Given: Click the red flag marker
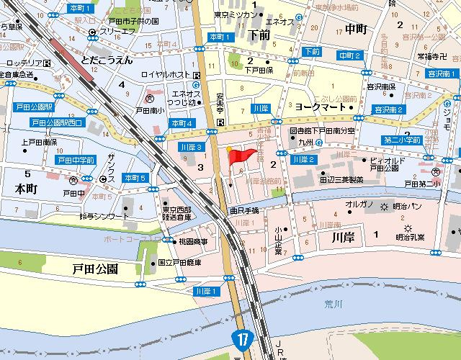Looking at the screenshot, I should [242, 154].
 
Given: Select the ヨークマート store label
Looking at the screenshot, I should [317, 104].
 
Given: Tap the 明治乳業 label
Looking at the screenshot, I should [410, 236].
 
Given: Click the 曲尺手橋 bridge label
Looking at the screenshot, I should [243, 210].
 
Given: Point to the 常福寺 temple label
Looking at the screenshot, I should [412, 55].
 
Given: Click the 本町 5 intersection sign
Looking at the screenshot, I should [135, 178].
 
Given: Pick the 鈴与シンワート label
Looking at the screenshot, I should [104, 216].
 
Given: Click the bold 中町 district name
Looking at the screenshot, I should [356, 30].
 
